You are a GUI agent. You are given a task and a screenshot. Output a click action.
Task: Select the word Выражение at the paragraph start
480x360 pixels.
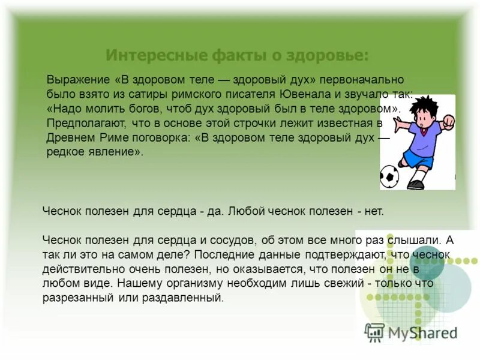click(77, 80)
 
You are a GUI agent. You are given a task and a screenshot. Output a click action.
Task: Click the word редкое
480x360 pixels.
click(65, 152)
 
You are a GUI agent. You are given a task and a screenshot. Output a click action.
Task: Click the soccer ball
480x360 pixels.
click(389, 176)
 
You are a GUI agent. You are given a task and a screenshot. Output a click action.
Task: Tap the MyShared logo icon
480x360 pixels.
click(375, 332)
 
